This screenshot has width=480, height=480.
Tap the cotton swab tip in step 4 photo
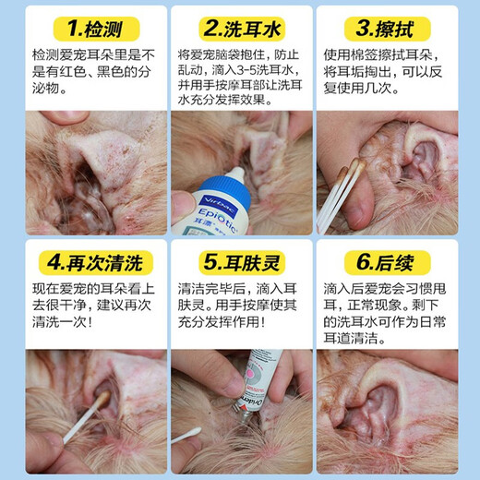point(102,400)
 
